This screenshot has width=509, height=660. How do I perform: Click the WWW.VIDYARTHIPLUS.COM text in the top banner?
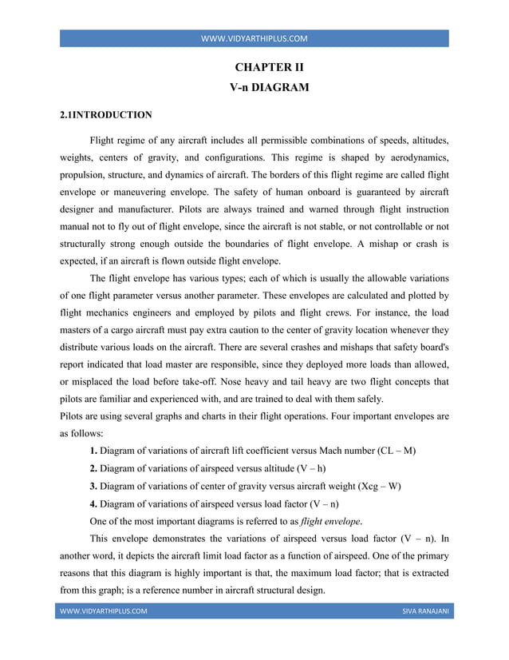point(254,38)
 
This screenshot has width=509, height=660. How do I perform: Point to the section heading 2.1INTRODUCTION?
point(106,115)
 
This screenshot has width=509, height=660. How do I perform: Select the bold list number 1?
point(93,451)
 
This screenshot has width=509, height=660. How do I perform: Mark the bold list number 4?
point(93,504)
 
